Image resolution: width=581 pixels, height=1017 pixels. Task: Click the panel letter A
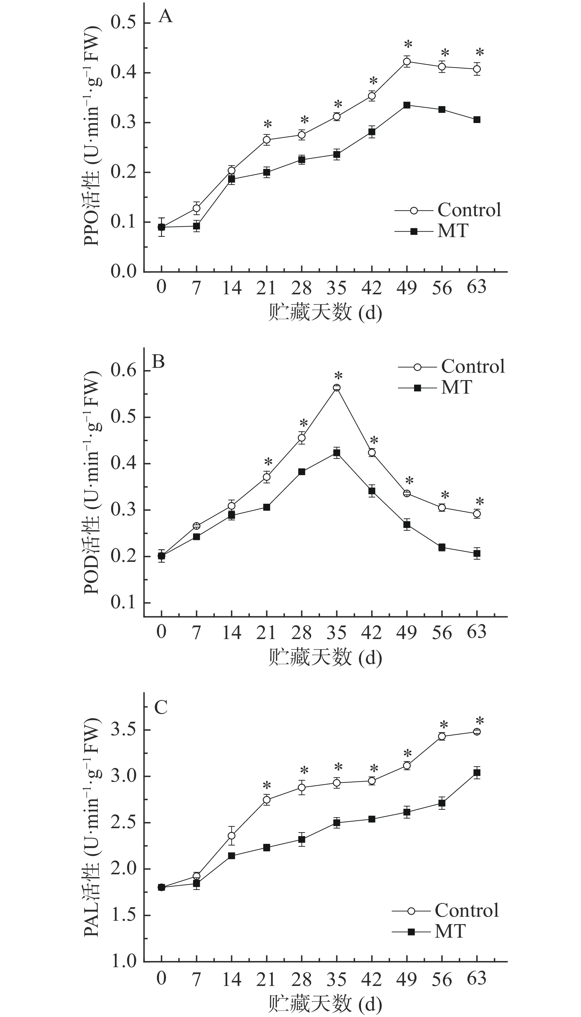(x=166, y=17)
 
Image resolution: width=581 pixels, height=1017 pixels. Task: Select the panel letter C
(x=160, y=707)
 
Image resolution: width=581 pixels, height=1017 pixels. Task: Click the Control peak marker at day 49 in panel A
(x=407, y=62)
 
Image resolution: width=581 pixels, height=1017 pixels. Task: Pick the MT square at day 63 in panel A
(x=477, y=120)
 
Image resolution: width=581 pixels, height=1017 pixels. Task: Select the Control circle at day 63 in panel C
(x=477, y=732)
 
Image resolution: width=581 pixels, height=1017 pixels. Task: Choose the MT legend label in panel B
(x=456, y=387)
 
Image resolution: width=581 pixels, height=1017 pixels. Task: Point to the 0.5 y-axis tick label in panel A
(x=122, y=23)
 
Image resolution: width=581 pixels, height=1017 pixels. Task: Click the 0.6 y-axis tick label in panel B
(x=122, y=371)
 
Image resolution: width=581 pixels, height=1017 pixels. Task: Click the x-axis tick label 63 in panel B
(x=477, y=632)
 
